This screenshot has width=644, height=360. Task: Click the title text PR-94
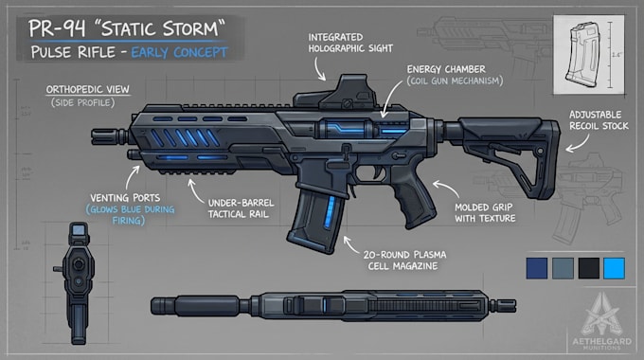tap(57, 28)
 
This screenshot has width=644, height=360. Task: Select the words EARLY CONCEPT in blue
tap(179, 53)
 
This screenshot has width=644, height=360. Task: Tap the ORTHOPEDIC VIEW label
tap(87, 90)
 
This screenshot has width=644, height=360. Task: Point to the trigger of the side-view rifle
tap(377, 172)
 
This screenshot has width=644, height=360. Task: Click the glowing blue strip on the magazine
tap(329, 212)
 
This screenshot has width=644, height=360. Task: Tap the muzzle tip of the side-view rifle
tap(92, 136)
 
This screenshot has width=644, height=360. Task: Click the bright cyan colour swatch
tap(614, 268)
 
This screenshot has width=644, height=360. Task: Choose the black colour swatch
tap(588, 268)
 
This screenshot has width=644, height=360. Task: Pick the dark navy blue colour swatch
tap(537, 268)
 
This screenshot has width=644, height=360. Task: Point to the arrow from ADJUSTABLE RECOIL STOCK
tap(579, 143)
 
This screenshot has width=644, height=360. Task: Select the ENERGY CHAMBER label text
tap(446, 69)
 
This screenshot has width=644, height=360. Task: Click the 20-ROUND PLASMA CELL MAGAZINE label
tap(404, 261)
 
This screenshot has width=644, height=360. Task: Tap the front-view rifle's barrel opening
tap(78, 264)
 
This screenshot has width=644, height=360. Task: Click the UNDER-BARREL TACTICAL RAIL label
tap(241, 208)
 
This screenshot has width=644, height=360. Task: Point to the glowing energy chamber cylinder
tap(344, 129)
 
